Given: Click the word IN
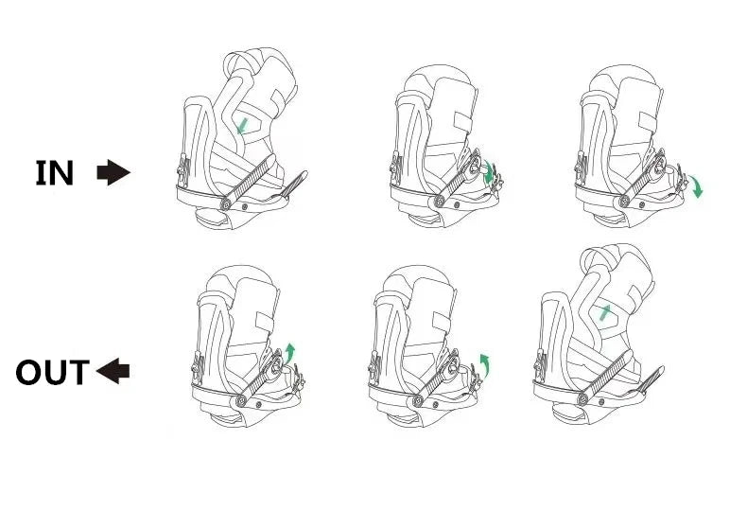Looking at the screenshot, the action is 55,172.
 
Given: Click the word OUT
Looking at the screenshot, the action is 52,372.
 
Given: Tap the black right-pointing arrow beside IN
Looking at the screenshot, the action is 113,172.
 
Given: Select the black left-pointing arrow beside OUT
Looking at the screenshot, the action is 113,371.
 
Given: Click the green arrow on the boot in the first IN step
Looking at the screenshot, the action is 243,126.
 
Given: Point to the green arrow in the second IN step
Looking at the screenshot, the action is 488,174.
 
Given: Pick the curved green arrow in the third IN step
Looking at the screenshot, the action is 696,185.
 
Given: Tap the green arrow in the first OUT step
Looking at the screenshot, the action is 289,353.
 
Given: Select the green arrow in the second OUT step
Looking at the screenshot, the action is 485,364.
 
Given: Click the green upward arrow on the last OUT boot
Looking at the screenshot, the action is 604,312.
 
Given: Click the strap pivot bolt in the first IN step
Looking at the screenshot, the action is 226,204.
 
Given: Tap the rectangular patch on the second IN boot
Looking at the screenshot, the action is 462,122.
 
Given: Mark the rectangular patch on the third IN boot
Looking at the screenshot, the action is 648,122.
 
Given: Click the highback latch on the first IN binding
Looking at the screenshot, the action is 182,170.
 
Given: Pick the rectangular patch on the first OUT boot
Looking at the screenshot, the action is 265,322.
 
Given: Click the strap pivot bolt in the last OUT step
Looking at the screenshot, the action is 582,399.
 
